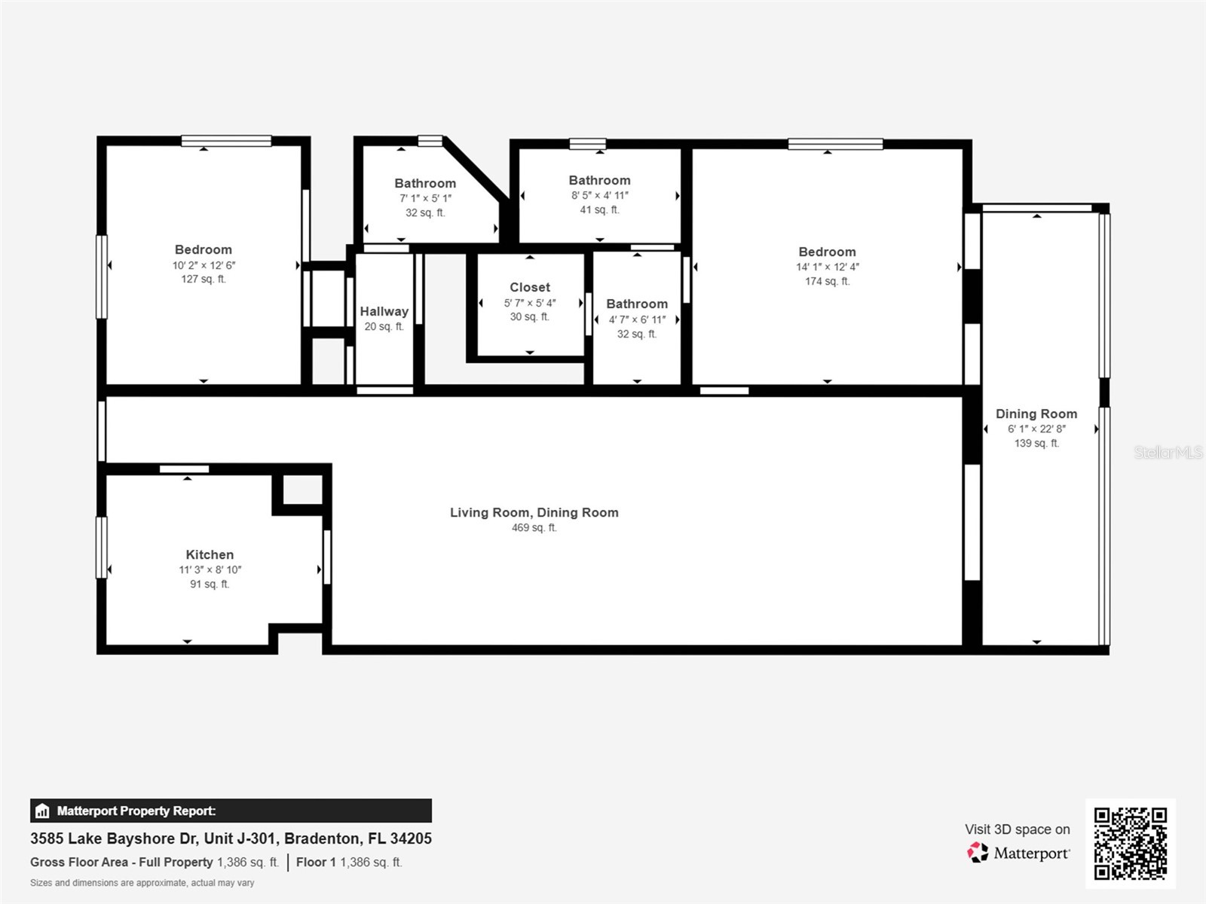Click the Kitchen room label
tap(210, 554)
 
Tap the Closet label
tap(530, 287)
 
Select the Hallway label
tap(384, 311)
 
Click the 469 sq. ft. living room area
tap(534, 528)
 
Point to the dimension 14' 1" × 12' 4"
tap(827, 267)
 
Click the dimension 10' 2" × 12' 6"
tap(204, 265)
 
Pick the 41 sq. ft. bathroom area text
tap(599, 210)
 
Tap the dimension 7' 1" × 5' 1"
tap(425, 198)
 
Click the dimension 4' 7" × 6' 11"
tap(637, 319)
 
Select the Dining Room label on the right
tap(1036, 414)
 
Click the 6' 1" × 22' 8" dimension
tap(1036, 429)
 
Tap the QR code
tap(1130, 843)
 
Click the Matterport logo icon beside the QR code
tap(978, 853)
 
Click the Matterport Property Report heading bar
tap(231, 811)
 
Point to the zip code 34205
tap(411, 838)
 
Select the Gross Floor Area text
tap(121, 862)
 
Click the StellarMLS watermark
tap(1168, 452)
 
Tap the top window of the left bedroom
tap(226, 141)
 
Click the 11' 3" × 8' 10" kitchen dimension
tap(210, 570)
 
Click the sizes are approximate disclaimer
tap(142, 883)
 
